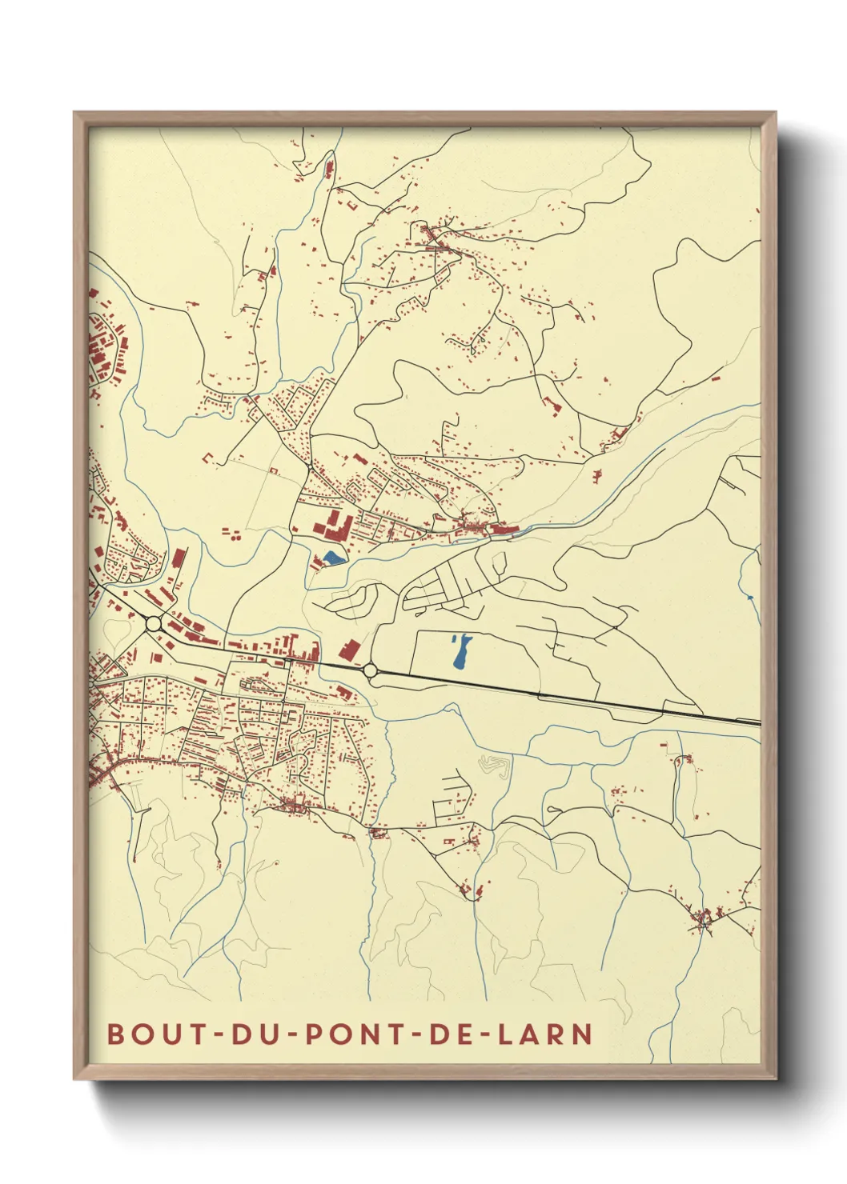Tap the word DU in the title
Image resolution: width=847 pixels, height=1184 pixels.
tap(250, 1033)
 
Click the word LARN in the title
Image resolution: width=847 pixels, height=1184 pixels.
tap(545, 1033)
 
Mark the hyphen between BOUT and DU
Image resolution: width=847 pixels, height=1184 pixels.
tap(215, 1034)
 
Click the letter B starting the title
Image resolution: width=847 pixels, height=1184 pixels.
tap(115, 1033)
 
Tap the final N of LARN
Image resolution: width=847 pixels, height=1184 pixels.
tap(583, 1033)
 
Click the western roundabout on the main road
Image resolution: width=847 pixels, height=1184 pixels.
tap(154, 623)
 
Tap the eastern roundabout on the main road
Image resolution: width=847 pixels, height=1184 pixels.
tap(370, 670)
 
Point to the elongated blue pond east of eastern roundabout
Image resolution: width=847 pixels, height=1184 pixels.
tap(460, 653)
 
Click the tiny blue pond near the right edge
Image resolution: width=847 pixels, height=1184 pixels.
tap(749, 597)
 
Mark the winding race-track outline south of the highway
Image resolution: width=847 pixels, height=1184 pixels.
tap(494, 766)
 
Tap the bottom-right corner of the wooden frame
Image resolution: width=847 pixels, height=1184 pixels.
tap(776, 1078)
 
